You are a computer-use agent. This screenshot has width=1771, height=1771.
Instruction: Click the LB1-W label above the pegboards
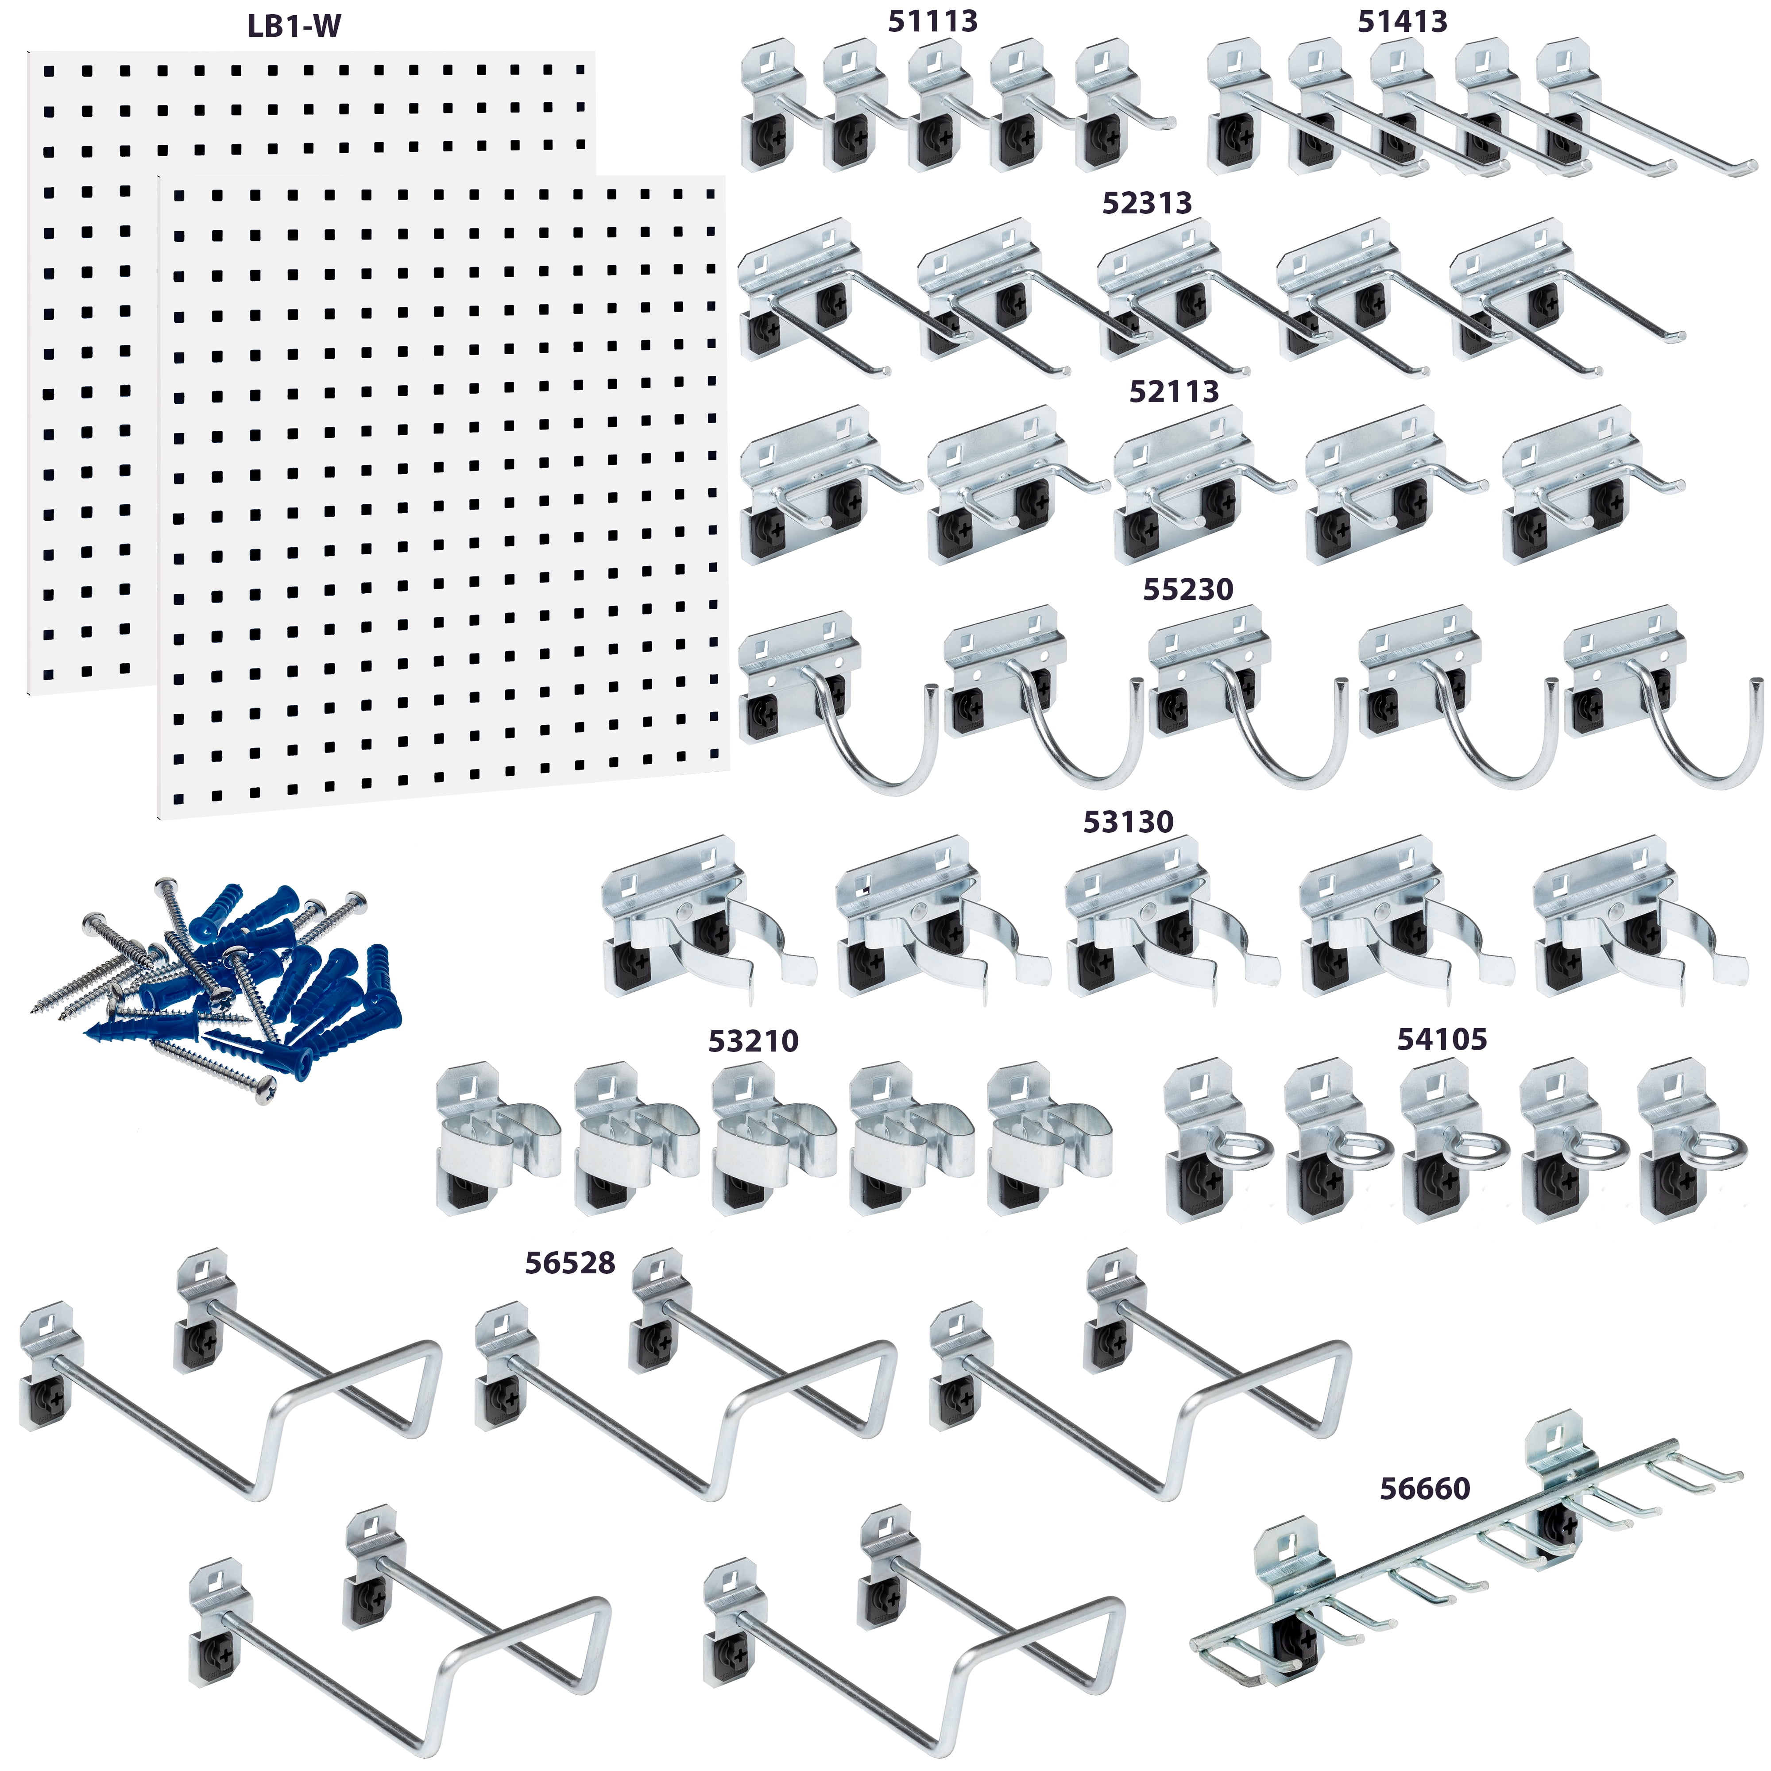coord(294,26)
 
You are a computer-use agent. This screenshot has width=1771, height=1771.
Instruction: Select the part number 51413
coord(1403,21)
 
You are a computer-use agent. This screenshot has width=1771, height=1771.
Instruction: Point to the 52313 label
coord(1147,203)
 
